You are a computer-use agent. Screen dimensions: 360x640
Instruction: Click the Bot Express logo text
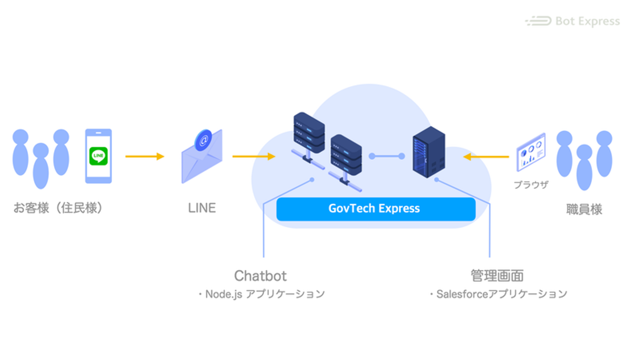[x=587, y=21]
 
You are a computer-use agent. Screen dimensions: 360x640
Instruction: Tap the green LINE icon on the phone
[x=99, y=156]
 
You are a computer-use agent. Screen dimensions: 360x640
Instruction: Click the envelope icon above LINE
[x=202, y=158]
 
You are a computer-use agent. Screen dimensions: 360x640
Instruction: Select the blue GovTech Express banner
[x=376, y=209]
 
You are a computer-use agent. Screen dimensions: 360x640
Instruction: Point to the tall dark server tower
[x=428, y=152]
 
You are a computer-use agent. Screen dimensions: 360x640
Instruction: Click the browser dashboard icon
[x=531, y=152]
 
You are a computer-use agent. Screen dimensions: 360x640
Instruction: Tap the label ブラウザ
[x=531, y=185]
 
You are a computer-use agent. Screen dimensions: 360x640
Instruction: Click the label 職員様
[x=584, y=209]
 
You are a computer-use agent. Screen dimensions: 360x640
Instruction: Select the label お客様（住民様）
[x=58, y=208]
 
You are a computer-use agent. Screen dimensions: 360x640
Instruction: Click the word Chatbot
[x=260, y=276]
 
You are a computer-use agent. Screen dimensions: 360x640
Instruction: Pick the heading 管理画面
[x=497, y=276]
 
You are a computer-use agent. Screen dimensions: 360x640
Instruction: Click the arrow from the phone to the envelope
[x=145, y=156]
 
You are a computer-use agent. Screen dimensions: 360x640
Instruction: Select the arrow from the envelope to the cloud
[x=254, y=156]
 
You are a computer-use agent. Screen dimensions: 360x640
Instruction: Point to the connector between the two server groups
[x=387, y=156]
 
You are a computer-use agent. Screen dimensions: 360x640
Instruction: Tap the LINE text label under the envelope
[x=202, y=208]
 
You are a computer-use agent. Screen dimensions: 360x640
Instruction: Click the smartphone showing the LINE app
[x=99, y=156]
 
